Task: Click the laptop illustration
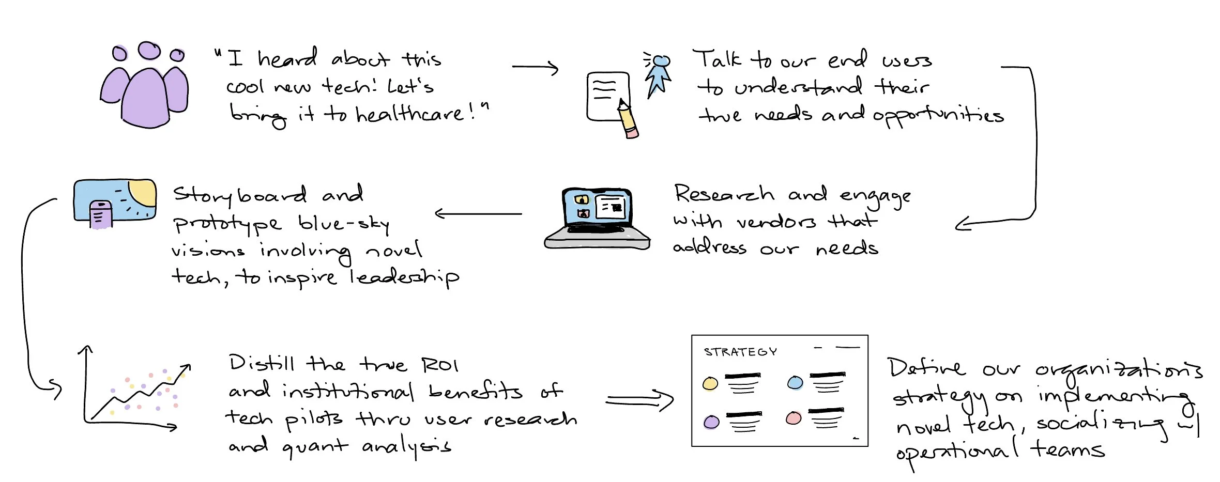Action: click(x=598, y=219)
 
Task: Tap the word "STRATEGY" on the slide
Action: click(x=740, y=352)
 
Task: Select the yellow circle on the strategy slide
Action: click(x=710, y=383)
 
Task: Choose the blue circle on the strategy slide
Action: click(x=795, y=383)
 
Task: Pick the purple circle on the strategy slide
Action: click(x=711, y=422)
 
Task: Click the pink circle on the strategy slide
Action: click(x=794, y=418)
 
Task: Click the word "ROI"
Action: click(x=439, y=365)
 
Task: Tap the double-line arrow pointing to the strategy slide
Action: click(x=639, y=401)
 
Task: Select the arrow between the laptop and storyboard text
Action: click(x=478, y=213)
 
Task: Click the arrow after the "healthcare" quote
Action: click(x=536, y=68)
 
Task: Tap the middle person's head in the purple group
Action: click(x=149, y=51)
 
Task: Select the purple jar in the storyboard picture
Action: click(x=101, y=214)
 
